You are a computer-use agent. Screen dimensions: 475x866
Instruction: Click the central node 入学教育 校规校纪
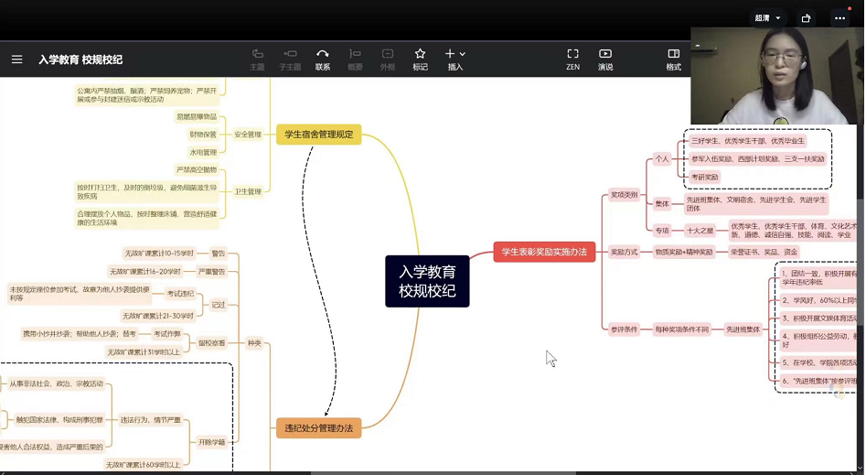click(427, 281)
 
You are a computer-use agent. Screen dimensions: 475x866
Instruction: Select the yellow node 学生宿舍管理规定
click(319, 135)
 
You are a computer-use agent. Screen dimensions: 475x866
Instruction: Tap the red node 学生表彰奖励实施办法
click(544, 252)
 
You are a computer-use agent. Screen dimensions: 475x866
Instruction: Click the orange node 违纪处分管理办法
click(318, 427)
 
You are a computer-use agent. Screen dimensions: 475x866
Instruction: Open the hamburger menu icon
click(16, 59)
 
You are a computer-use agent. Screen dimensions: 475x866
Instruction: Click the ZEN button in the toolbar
click(572, 59)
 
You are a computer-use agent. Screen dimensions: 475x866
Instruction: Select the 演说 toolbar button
click(605, 59)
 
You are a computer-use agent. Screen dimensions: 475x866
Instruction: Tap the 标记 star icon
click(420, 59)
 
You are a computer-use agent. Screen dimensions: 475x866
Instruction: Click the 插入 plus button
click(454, 59)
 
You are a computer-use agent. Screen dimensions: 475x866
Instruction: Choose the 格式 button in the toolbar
click(673, 59)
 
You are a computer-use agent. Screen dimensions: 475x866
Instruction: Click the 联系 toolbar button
click(323, 59)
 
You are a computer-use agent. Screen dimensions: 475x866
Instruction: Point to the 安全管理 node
click(247, 135)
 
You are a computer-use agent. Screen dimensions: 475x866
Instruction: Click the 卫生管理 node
click(247, 191)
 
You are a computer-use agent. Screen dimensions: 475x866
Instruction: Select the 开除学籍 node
click(211, 442)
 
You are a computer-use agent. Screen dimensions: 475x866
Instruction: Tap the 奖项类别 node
click(625, 194)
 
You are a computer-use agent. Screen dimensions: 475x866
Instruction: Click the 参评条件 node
click(625, 329)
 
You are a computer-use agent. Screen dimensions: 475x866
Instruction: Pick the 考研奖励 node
click(705, 177)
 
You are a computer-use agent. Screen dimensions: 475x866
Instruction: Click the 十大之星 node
click(700, 230)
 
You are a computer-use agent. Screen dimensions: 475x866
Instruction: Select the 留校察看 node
click(212, 342)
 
